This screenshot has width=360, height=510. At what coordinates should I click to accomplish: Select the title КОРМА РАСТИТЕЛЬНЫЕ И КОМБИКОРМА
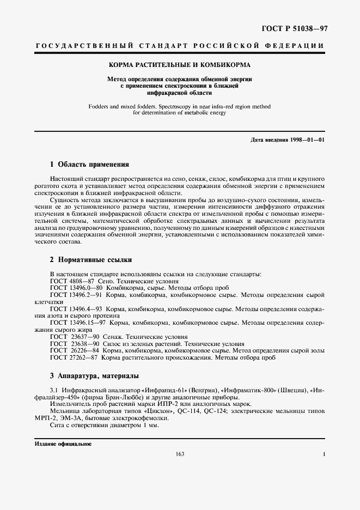(180, 65)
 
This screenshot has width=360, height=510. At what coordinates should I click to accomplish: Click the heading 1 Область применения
(89, 164)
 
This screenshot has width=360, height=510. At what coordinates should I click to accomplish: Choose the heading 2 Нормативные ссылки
(91, 260)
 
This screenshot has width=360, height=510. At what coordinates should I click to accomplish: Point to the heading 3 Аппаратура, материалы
(94, 375)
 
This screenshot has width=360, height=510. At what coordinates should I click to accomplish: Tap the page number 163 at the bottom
(179, 453)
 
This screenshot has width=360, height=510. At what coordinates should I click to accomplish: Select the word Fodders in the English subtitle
(101, 106)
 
